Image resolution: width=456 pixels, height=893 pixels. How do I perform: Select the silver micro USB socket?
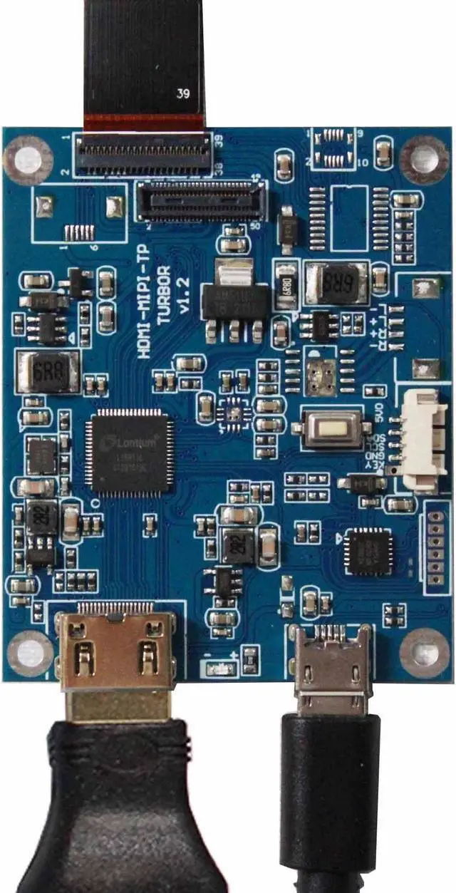pos(333,666)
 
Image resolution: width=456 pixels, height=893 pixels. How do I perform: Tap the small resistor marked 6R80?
pos(287,286)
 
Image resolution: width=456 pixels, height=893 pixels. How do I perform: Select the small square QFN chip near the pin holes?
pos(368,551)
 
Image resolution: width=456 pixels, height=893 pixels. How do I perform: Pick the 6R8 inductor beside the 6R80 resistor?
pos(336,283)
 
